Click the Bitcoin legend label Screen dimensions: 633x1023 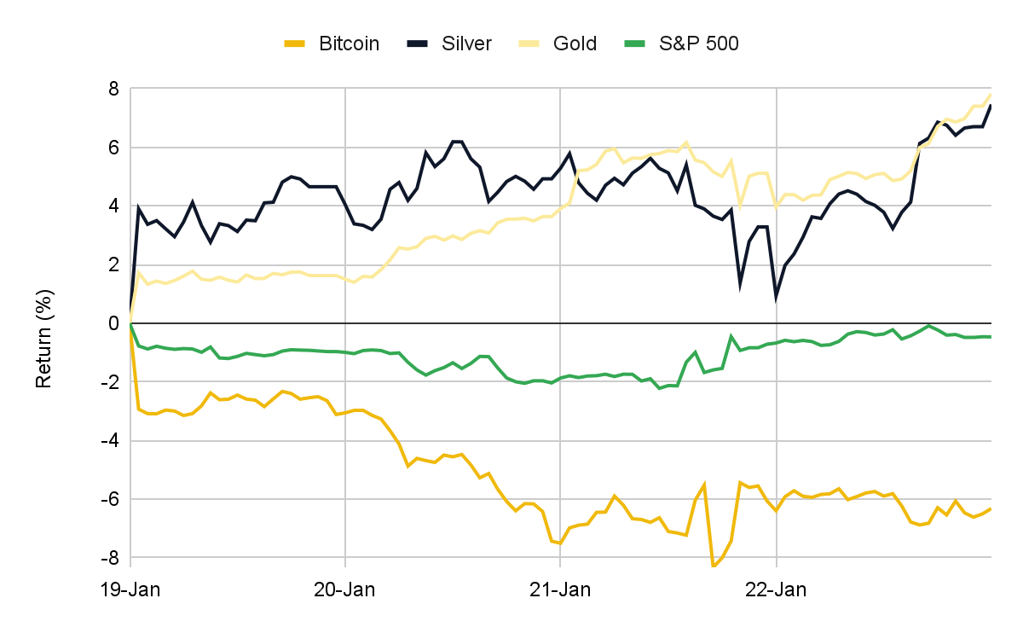[349, 44]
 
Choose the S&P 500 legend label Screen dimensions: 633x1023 [698, 44]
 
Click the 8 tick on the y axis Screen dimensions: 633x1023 [112, 89]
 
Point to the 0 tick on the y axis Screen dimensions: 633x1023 [112, 323]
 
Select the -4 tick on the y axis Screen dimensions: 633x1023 [108, 441]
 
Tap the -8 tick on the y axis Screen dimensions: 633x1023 [108, 558]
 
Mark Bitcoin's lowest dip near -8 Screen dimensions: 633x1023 [714, 565]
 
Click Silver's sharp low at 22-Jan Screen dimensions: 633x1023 [777, 298]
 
